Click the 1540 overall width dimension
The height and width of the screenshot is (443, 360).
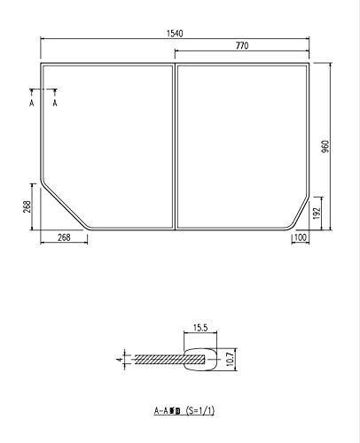tap(174, 33)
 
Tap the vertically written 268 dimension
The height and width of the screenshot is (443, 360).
tap(27, 206)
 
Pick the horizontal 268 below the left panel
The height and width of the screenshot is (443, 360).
tap(64, 237)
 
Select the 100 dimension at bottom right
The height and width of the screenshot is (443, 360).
tap(301, 237)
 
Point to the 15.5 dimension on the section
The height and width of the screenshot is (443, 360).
tap(200, 329)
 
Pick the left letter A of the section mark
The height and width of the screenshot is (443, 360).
tap(32, 104)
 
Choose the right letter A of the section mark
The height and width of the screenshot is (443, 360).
tap(56, 104)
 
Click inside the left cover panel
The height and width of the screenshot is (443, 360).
tap(106, 142)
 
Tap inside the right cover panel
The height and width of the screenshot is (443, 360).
tap(244, 142)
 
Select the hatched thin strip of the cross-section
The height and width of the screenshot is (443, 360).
tap(155, 359)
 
